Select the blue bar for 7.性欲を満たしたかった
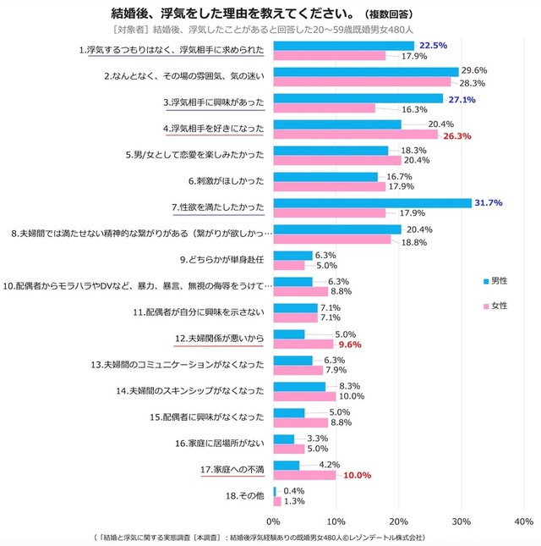(x=372, y=202)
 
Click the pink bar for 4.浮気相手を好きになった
(x=355, y=135)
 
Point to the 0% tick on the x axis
(x=273, y=521)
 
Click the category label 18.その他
(x=242, y=495)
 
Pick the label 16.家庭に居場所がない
(x=219, y=443)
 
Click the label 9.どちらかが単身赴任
(x=222, y=259)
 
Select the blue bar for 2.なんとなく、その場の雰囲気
(x=365, y=72)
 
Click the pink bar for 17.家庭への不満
(x=304, y=476)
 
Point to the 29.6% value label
(x=477, y=72)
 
